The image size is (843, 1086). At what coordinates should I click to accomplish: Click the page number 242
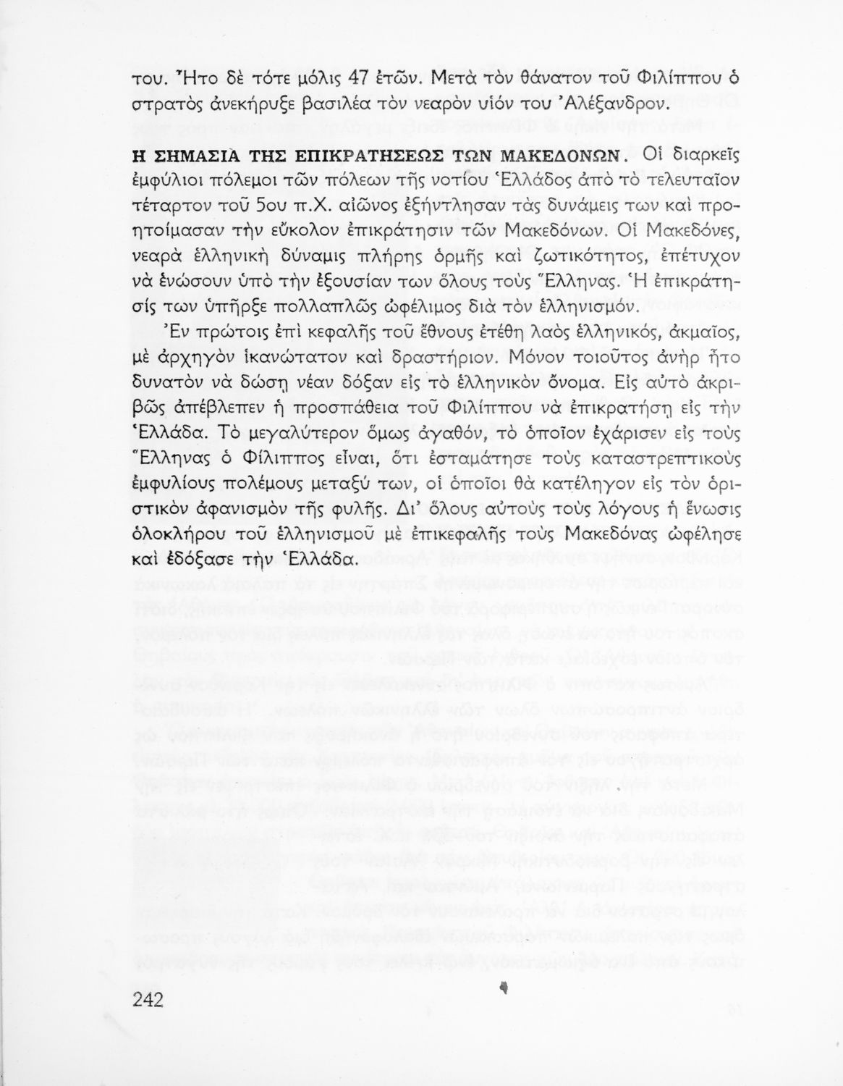(x=148, y=999)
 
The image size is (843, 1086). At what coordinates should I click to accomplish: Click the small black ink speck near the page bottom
(x=504, y=986)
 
